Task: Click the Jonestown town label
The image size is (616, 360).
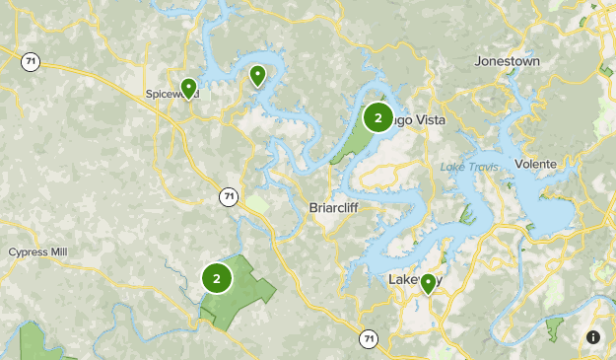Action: tap(508, 60)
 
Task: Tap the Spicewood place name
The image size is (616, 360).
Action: tap(168, 95)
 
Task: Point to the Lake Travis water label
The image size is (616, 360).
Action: tap(469, 166)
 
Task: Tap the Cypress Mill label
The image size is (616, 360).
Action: tap(37, 252)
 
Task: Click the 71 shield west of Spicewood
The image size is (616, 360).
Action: tap(32, 62)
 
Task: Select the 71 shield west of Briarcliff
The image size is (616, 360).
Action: tap(229, 197)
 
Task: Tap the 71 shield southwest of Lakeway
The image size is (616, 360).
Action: tap(367, 338)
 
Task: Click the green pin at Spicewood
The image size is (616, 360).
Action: tap(188, 87)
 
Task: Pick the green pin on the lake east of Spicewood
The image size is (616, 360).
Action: tap(257, 74)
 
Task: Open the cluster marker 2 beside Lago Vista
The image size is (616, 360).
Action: tap(377, 117)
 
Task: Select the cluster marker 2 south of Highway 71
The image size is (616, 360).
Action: tap(217, 277)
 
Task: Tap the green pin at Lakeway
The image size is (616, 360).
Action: tap(428, 283)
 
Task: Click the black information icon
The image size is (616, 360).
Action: tap(593, 337)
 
